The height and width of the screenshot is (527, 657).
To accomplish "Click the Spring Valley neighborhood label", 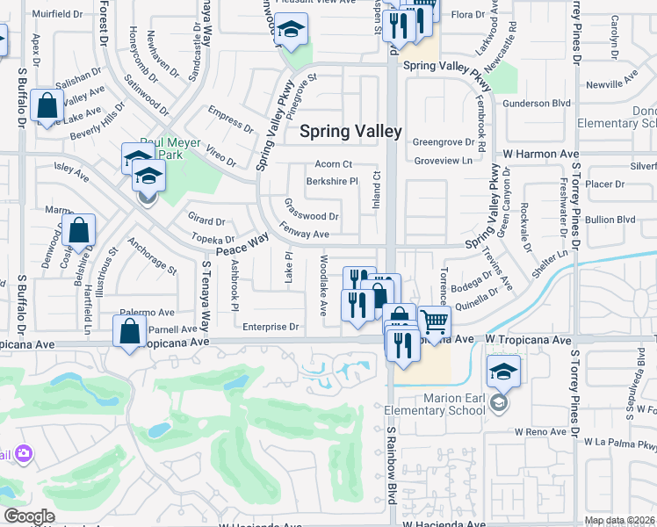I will click(350, 132).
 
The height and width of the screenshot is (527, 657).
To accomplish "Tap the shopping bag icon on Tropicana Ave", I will click(130, 333).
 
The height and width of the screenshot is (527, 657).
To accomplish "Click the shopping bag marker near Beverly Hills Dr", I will click(47, 106).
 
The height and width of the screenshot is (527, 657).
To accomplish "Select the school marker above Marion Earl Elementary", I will click(503, 372).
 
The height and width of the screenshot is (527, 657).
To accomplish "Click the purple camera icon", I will click(23, 453).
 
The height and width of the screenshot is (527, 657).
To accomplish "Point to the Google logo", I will click(29, 516).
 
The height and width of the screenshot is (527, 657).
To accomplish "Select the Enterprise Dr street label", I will click(271, 327).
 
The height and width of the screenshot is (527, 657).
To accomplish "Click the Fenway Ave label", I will click(304, 235).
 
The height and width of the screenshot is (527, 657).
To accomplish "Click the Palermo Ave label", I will click(148, 312).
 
